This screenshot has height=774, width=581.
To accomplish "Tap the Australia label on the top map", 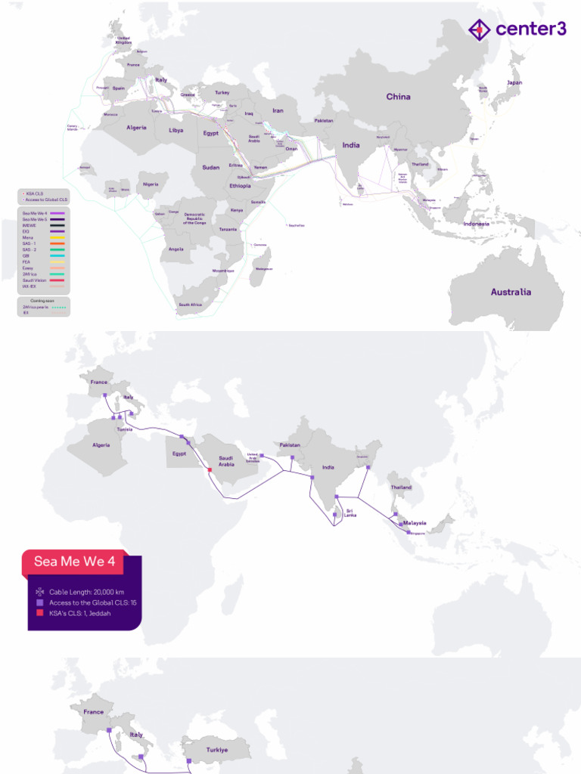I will tap(511, 292).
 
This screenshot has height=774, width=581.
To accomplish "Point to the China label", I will tap(398, 97).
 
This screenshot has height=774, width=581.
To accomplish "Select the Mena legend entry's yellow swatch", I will tap(57, 238).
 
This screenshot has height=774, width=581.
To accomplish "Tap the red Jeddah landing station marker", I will tap(209, 470).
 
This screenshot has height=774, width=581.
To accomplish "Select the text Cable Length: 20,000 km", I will tap(82, 591).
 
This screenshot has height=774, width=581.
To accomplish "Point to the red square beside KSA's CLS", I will tap(39, 615).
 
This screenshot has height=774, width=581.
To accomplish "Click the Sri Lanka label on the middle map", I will tap(350, 512).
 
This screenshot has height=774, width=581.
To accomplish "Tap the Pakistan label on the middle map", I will tap(289, 445).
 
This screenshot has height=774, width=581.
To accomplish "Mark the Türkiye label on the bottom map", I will tap(222, 750).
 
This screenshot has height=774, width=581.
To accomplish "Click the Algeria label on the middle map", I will tap(101, 445).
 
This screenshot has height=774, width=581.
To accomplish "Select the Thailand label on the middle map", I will tap(402, 488).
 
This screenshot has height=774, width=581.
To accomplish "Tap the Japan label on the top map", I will tap(514, 82).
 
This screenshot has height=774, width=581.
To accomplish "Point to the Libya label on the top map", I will tap(176, 130).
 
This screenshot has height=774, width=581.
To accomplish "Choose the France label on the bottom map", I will tap(94, 712).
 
